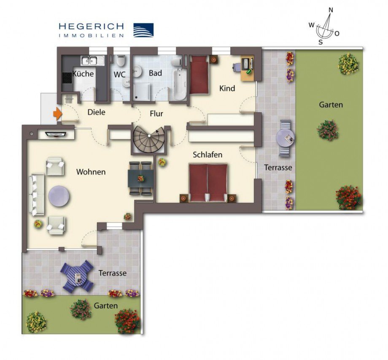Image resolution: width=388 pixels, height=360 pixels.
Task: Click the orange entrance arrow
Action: [x=57, y=113]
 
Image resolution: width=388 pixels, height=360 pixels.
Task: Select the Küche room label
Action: [x=83, y=74]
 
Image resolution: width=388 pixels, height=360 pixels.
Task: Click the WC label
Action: [x=120, y=74]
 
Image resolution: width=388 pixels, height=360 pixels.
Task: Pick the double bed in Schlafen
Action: [x=208, y=182]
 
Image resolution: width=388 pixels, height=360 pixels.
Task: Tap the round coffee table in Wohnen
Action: [x=59, y=196]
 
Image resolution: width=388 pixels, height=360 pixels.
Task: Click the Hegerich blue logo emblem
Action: [x=143, y=30]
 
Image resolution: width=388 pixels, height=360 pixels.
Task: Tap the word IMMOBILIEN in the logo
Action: [x=91, y=36]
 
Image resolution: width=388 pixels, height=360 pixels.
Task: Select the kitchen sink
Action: [x=90, y=60]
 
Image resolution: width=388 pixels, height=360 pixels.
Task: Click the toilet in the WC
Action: [x=121, y=62]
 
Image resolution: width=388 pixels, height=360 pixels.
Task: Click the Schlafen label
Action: [x=207, y=155]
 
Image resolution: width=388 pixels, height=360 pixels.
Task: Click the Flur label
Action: [x=156, y=114]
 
